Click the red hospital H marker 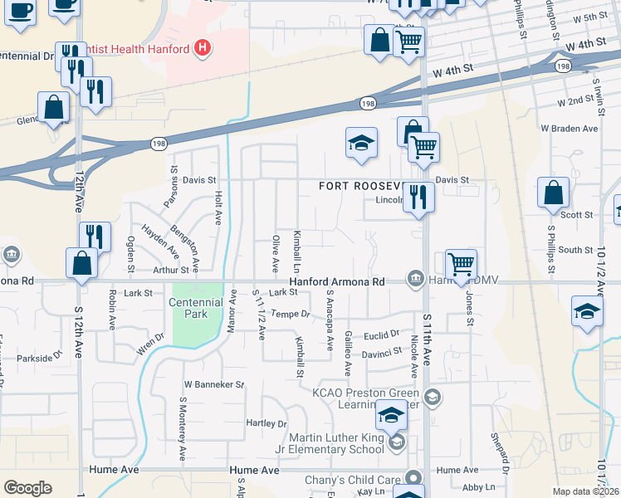201,49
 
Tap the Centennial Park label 195,309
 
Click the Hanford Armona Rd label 336,282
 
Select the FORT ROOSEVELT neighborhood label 361,187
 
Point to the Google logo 28,488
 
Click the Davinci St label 381,352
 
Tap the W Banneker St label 214,385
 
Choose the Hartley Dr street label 266,423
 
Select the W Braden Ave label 569,129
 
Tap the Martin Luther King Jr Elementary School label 336,443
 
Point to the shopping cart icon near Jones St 461,265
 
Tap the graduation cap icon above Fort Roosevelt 362,143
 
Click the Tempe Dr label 290,315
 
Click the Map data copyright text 586,491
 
